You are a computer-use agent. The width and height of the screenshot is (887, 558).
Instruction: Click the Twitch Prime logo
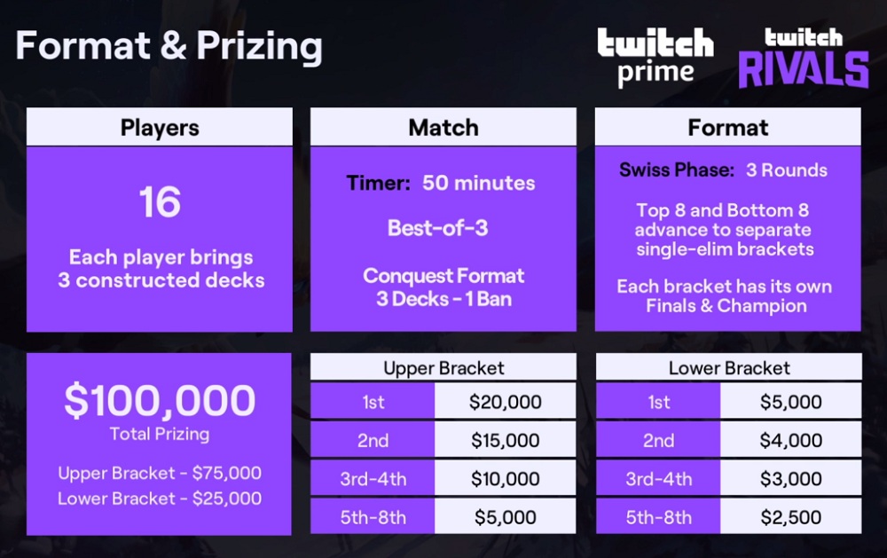coord(655,58)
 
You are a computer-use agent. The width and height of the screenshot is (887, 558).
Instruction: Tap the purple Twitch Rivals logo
coord(804,58)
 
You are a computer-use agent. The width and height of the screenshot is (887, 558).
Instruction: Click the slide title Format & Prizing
coord(169,46)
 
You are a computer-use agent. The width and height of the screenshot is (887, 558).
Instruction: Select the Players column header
coord(160,128)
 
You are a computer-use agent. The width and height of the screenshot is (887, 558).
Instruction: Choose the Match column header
coord(443,128)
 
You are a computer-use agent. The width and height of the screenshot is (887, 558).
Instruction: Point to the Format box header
coord(728,128)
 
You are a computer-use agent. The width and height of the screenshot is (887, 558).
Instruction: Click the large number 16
coord(160,202)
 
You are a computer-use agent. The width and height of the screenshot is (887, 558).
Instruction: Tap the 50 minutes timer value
coord(479,183)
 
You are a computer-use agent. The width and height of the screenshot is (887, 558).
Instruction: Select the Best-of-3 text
coord(438,228)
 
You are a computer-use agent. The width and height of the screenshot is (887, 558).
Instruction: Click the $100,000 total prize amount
coord(160,400)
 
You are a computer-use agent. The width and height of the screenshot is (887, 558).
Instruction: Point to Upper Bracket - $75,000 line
coord(160,473)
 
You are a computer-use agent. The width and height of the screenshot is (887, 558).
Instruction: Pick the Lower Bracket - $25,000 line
coord(160,499)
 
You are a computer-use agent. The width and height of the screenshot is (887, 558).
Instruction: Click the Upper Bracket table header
coord(443,368)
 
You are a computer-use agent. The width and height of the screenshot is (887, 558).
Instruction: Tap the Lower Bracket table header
coord(729,368)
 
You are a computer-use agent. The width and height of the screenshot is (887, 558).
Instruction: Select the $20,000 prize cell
coord(506,402)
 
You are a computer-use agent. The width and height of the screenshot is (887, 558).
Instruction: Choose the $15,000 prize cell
coord(506,440)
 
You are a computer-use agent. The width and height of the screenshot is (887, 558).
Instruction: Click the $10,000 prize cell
coord(506,479)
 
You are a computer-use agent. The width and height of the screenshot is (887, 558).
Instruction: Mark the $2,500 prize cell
coord(791,516)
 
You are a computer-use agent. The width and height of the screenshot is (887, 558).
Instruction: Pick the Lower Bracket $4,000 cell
coord(791,440)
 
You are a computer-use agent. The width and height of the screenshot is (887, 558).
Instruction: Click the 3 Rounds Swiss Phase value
coord(786,169)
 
